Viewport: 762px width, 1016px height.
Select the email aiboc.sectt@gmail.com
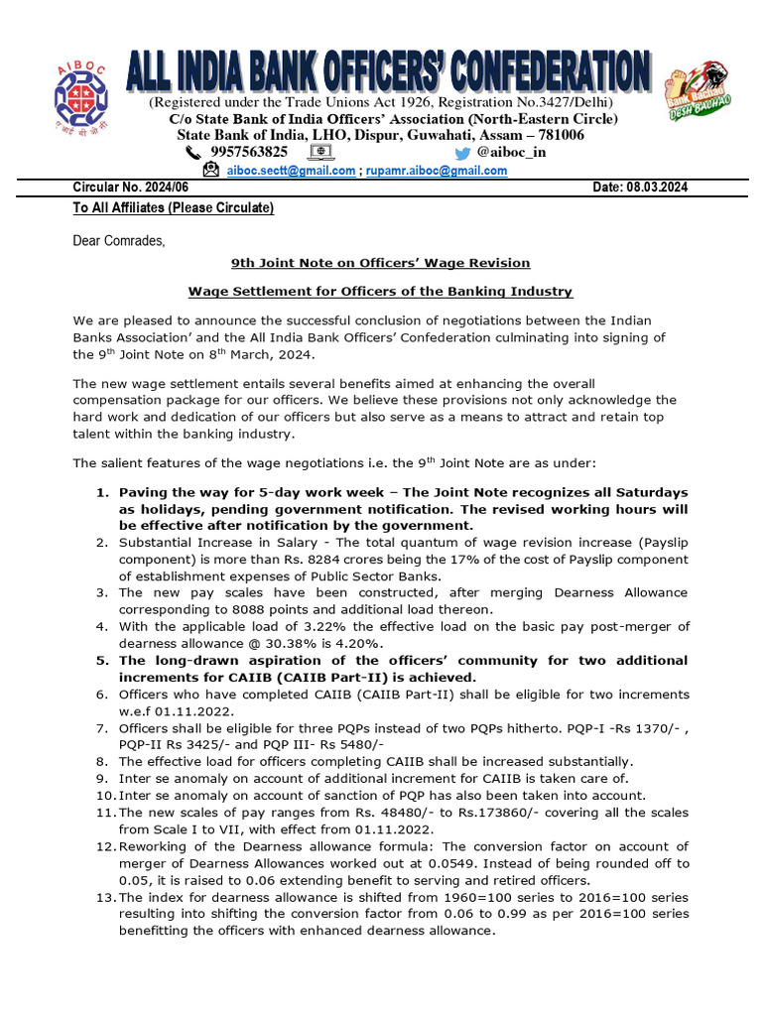[x=291, y=171]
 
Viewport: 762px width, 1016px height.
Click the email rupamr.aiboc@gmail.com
[x=437, y=171]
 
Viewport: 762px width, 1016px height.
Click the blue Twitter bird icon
[x=462, y=153]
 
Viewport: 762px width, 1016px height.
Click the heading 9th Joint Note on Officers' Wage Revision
[x=381, y=263]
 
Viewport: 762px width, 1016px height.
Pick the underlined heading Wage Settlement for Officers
[x=381, y=292]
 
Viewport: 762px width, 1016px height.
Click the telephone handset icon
[x=193, y=153]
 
